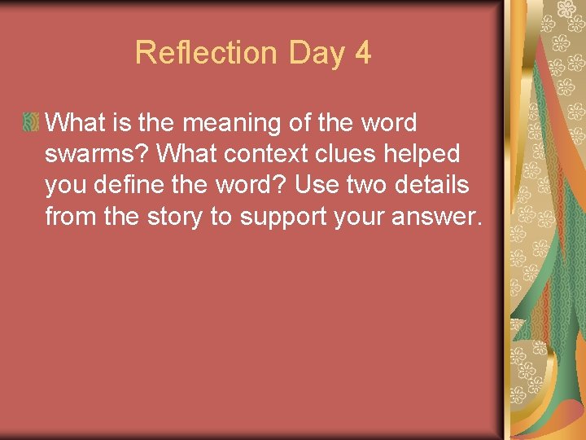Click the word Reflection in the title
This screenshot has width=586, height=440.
click(206, 53)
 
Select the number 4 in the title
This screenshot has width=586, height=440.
click(363, 53)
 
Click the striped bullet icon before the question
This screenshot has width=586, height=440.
click(32, 123)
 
